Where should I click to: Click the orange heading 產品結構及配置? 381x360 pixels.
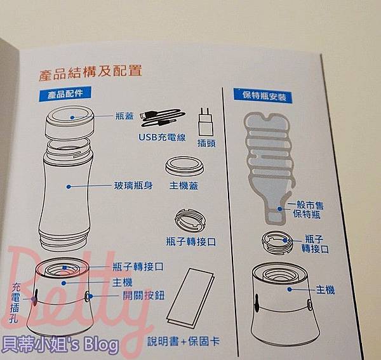point(90,72)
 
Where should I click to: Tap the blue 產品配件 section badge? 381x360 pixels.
point(65,94)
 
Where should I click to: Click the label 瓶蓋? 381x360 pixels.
point(124,116)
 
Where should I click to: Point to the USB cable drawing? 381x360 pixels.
point(163,118)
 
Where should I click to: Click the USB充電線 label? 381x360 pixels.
point(162,138)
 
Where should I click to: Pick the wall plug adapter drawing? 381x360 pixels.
point(206,122)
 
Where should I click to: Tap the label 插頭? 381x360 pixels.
point(206,143)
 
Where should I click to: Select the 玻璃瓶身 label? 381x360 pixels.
point(133,186)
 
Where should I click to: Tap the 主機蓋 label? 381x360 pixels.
point(184,186)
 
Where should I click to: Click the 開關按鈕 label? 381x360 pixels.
point(144,296)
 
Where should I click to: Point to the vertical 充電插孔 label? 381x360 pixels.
point(15,303)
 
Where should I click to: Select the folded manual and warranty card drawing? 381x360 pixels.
point(190,298)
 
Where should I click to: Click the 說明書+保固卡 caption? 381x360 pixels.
point(184,342)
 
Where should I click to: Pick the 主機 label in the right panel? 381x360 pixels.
point(325,290)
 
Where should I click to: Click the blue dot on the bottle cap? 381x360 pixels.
point(72,117)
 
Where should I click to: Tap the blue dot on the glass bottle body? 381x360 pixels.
point(69,187)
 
